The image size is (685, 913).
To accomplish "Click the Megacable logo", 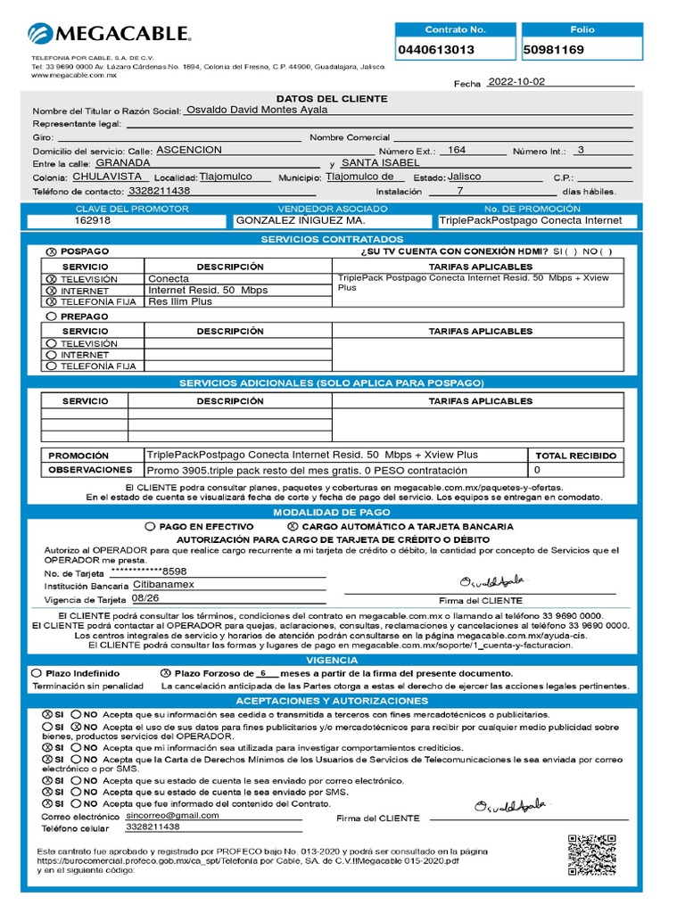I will [109, 35].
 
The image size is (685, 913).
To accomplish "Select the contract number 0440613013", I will [436, 50].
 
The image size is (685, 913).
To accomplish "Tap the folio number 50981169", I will [554, 50].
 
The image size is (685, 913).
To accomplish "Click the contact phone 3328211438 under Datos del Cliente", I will [160, 191].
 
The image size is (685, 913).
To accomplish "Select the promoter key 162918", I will [93, 220].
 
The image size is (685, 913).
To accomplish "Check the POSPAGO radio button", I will [51, 252].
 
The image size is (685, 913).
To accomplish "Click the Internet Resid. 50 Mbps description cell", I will [208, 290].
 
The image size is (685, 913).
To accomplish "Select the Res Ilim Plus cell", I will [180, 301].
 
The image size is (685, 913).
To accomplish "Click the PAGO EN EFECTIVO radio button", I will [151, 527].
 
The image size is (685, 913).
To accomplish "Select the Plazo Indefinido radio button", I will [35, 673].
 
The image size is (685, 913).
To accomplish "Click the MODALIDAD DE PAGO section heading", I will [332, 513].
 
